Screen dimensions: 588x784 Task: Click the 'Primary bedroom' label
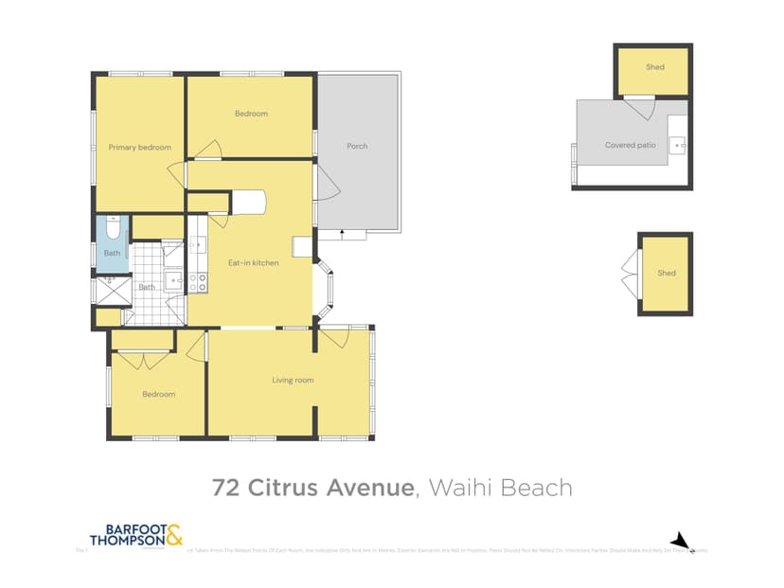[x=139, y=147]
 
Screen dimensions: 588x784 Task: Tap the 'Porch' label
[x=357, y=146]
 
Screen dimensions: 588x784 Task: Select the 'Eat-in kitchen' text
[x=254, y=262]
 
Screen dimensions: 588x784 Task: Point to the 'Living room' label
[x=293, y=381]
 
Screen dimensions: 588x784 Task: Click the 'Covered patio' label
[x=630, y=145]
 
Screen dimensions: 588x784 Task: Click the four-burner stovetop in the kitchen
[x=199, y=281]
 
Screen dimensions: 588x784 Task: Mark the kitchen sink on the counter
[x=196, y=245]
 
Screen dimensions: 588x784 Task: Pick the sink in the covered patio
[x=677, y=145]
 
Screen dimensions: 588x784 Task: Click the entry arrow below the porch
[x=341, y=232]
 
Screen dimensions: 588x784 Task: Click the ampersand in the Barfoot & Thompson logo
[x=174, y=536]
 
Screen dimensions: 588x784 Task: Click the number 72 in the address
[x=225, y=488]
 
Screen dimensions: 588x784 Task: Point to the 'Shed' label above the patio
[x=654, y=67]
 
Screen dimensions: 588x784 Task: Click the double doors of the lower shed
[x=628, y=274]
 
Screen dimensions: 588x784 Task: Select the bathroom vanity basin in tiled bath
[x=173, y=279]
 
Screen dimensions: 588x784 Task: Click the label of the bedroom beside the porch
[x=251, y=114]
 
